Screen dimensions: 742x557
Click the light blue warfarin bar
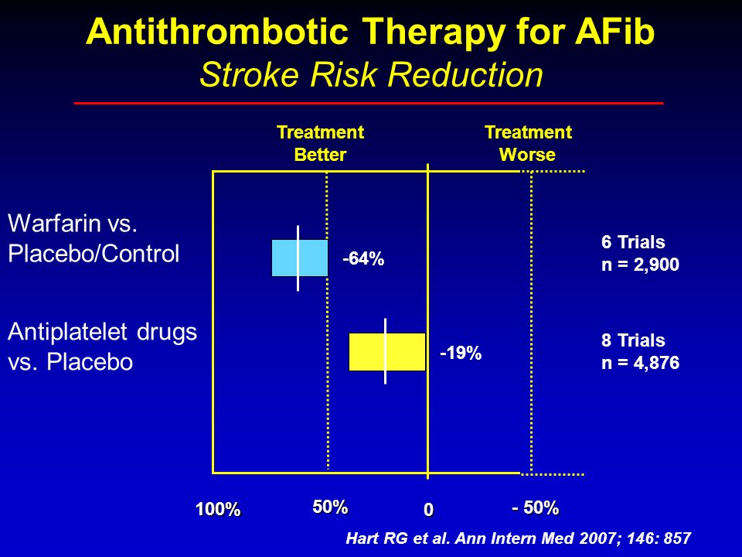click(x=300, y=258)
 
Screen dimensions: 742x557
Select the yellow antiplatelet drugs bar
click(x=387, y=351)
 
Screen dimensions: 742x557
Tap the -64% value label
click(x=363, y=258)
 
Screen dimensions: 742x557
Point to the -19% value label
click(x=461, y=353)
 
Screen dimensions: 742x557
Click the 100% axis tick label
click(x=218, y=510)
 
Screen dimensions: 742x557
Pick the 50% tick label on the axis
click(x=330, y=507)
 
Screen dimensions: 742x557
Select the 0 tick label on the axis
click(x=428, y=510)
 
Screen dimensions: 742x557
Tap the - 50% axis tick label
click(x=536, y=507)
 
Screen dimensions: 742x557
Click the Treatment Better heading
click(x=320, y=143)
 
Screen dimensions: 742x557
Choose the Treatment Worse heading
click(x=528, y=143)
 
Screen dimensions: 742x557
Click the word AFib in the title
click(x=614, y=32)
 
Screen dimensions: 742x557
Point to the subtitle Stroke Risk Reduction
click(x=371, y=75)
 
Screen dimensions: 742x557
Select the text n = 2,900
click(x=640, y=265)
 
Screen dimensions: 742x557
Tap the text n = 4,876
click(x=640, y=363)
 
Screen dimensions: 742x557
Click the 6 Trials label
click(x=633, y=242)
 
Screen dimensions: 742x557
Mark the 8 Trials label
click(x=633, y=340)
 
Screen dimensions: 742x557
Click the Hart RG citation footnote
click(x=519, y=538)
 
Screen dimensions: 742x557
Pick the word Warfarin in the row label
click(x=54, y=223)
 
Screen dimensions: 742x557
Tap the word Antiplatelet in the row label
click(x=69, y=333)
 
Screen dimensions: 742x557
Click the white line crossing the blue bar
click(x=298, y=258)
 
